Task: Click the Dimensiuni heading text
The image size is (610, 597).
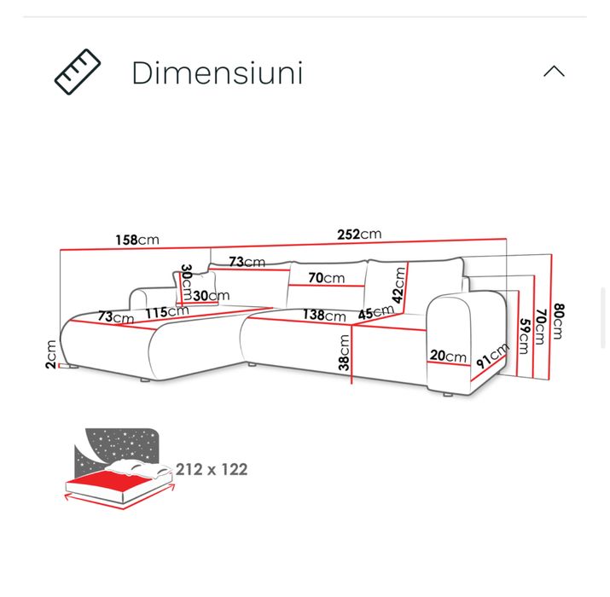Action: (217, 72)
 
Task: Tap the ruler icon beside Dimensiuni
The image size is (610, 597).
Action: (78, 72)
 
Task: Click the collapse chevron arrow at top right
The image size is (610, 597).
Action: (554, 71)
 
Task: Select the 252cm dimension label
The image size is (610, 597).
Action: (359, 235)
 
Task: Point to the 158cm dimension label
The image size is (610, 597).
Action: (137, 240)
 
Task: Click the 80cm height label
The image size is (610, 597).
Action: (558, 322)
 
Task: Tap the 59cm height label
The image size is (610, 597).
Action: (525, 336)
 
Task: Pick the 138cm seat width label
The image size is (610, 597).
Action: (324, 315)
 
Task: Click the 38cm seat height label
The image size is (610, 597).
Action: (344, 352)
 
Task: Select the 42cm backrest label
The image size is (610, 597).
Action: (398, 285)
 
